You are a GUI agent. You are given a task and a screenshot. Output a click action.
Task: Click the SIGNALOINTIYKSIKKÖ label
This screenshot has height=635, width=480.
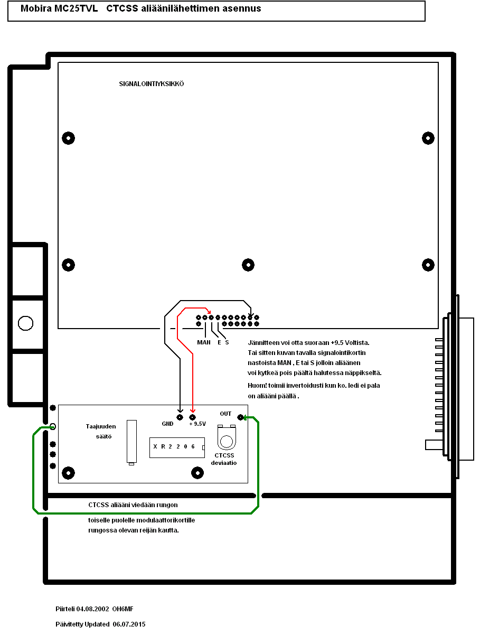tap(152, 84)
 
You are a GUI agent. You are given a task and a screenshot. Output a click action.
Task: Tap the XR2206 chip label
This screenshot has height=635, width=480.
tap(174, 447)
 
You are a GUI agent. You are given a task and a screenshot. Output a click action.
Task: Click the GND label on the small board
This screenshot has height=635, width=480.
tap(168, 424)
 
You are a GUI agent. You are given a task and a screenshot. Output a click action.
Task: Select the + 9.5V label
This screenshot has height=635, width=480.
tap(197, 424)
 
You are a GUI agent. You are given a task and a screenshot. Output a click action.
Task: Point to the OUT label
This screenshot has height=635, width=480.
tap(225, 414)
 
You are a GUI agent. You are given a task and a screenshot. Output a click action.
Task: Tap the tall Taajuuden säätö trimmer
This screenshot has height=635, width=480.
tap(131, 442)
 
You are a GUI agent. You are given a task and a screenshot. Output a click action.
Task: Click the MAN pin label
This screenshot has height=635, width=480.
tap(204, 342)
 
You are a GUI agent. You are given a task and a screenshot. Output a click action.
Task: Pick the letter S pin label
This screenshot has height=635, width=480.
tap(227, 342)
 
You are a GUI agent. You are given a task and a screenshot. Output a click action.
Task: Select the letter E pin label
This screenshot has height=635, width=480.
tap(219, 342)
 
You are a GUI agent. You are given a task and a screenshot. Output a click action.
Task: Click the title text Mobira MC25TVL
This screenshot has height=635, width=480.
tap(59, 9)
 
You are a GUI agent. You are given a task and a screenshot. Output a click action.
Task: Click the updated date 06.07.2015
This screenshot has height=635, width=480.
tap(129, 624)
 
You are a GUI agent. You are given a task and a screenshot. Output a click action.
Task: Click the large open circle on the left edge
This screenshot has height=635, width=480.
tap(25, 323)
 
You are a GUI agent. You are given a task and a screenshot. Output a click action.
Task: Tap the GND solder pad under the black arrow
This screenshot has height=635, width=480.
tap(180, 417)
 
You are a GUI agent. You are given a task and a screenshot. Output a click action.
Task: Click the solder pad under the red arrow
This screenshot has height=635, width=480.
tap(192, 417)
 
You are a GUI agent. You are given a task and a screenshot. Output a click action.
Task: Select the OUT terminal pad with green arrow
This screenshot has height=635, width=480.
tap(241, 417)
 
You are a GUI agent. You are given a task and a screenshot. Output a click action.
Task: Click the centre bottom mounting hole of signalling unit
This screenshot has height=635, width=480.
tap(248, 265)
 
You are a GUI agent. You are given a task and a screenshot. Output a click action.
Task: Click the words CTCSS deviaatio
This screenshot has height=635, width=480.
tap(225, 459)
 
